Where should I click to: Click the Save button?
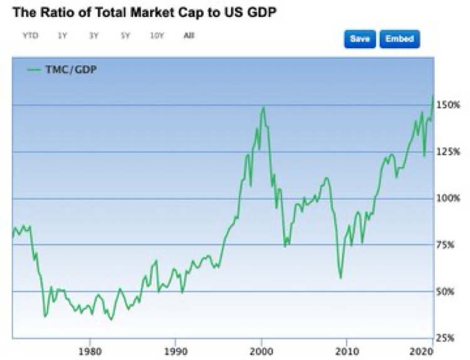[360, 39]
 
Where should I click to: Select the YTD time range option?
[30, 36]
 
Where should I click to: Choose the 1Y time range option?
[63, 36]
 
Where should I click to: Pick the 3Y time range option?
[94, 36]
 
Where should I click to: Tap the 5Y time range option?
[125, 36]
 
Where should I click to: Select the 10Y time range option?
[157, 36]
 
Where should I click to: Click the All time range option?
[189, 36]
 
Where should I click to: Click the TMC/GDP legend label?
[71, 69]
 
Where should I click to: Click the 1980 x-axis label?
[90, 349]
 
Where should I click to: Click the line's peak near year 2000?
[263, 108]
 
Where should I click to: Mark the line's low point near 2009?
[340, 277]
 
